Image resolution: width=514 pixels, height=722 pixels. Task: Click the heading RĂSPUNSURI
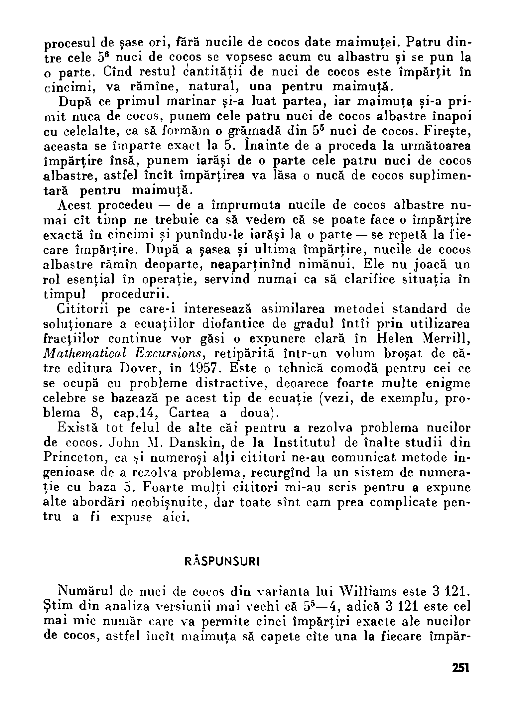222,561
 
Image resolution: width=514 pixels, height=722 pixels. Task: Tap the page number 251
460,668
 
